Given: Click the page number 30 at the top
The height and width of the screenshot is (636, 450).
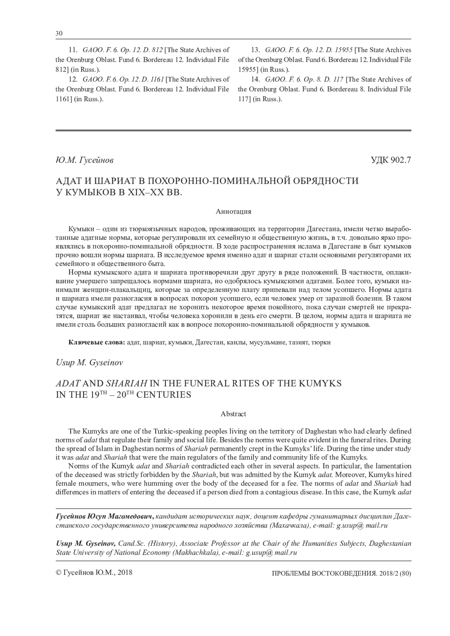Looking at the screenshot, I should pyautogui.click(x=59, y=33).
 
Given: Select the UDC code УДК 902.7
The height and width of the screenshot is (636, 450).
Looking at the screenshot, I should pyautogui.click(x=391, y=160).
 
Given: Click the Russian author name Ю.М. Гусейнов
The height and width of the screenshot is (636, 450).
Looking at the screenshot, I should pyautogui.click(x=84, y=160).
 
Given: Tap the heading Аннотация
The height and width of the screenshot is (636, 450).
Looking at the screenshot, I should pyautogui.click(x=233, y=211).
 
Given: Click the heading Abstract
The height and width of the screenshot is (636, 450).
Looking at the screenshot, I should pyautogui.click(x=233, y=414).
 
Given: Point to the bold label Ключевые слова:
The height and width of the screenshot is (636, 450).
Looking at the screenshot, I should pyautogui.click(x=97, y=342).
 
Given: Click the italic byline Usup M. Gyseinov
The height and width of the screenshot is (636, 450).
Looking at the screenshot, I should pyautogui.click(x=89, y=363).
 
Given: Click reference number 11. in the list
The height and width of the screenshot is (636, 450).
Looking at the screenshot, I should pyautogui.click(x=72, y=50).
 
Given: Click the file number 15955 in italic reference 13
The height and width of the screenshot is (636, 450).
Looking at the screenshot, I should pyautogui.click(x=343, y=50).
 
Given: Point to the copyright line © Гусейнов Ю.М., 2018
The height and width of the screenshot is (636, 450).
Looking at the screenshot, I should pyautogui.click(x=94, y=573).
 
